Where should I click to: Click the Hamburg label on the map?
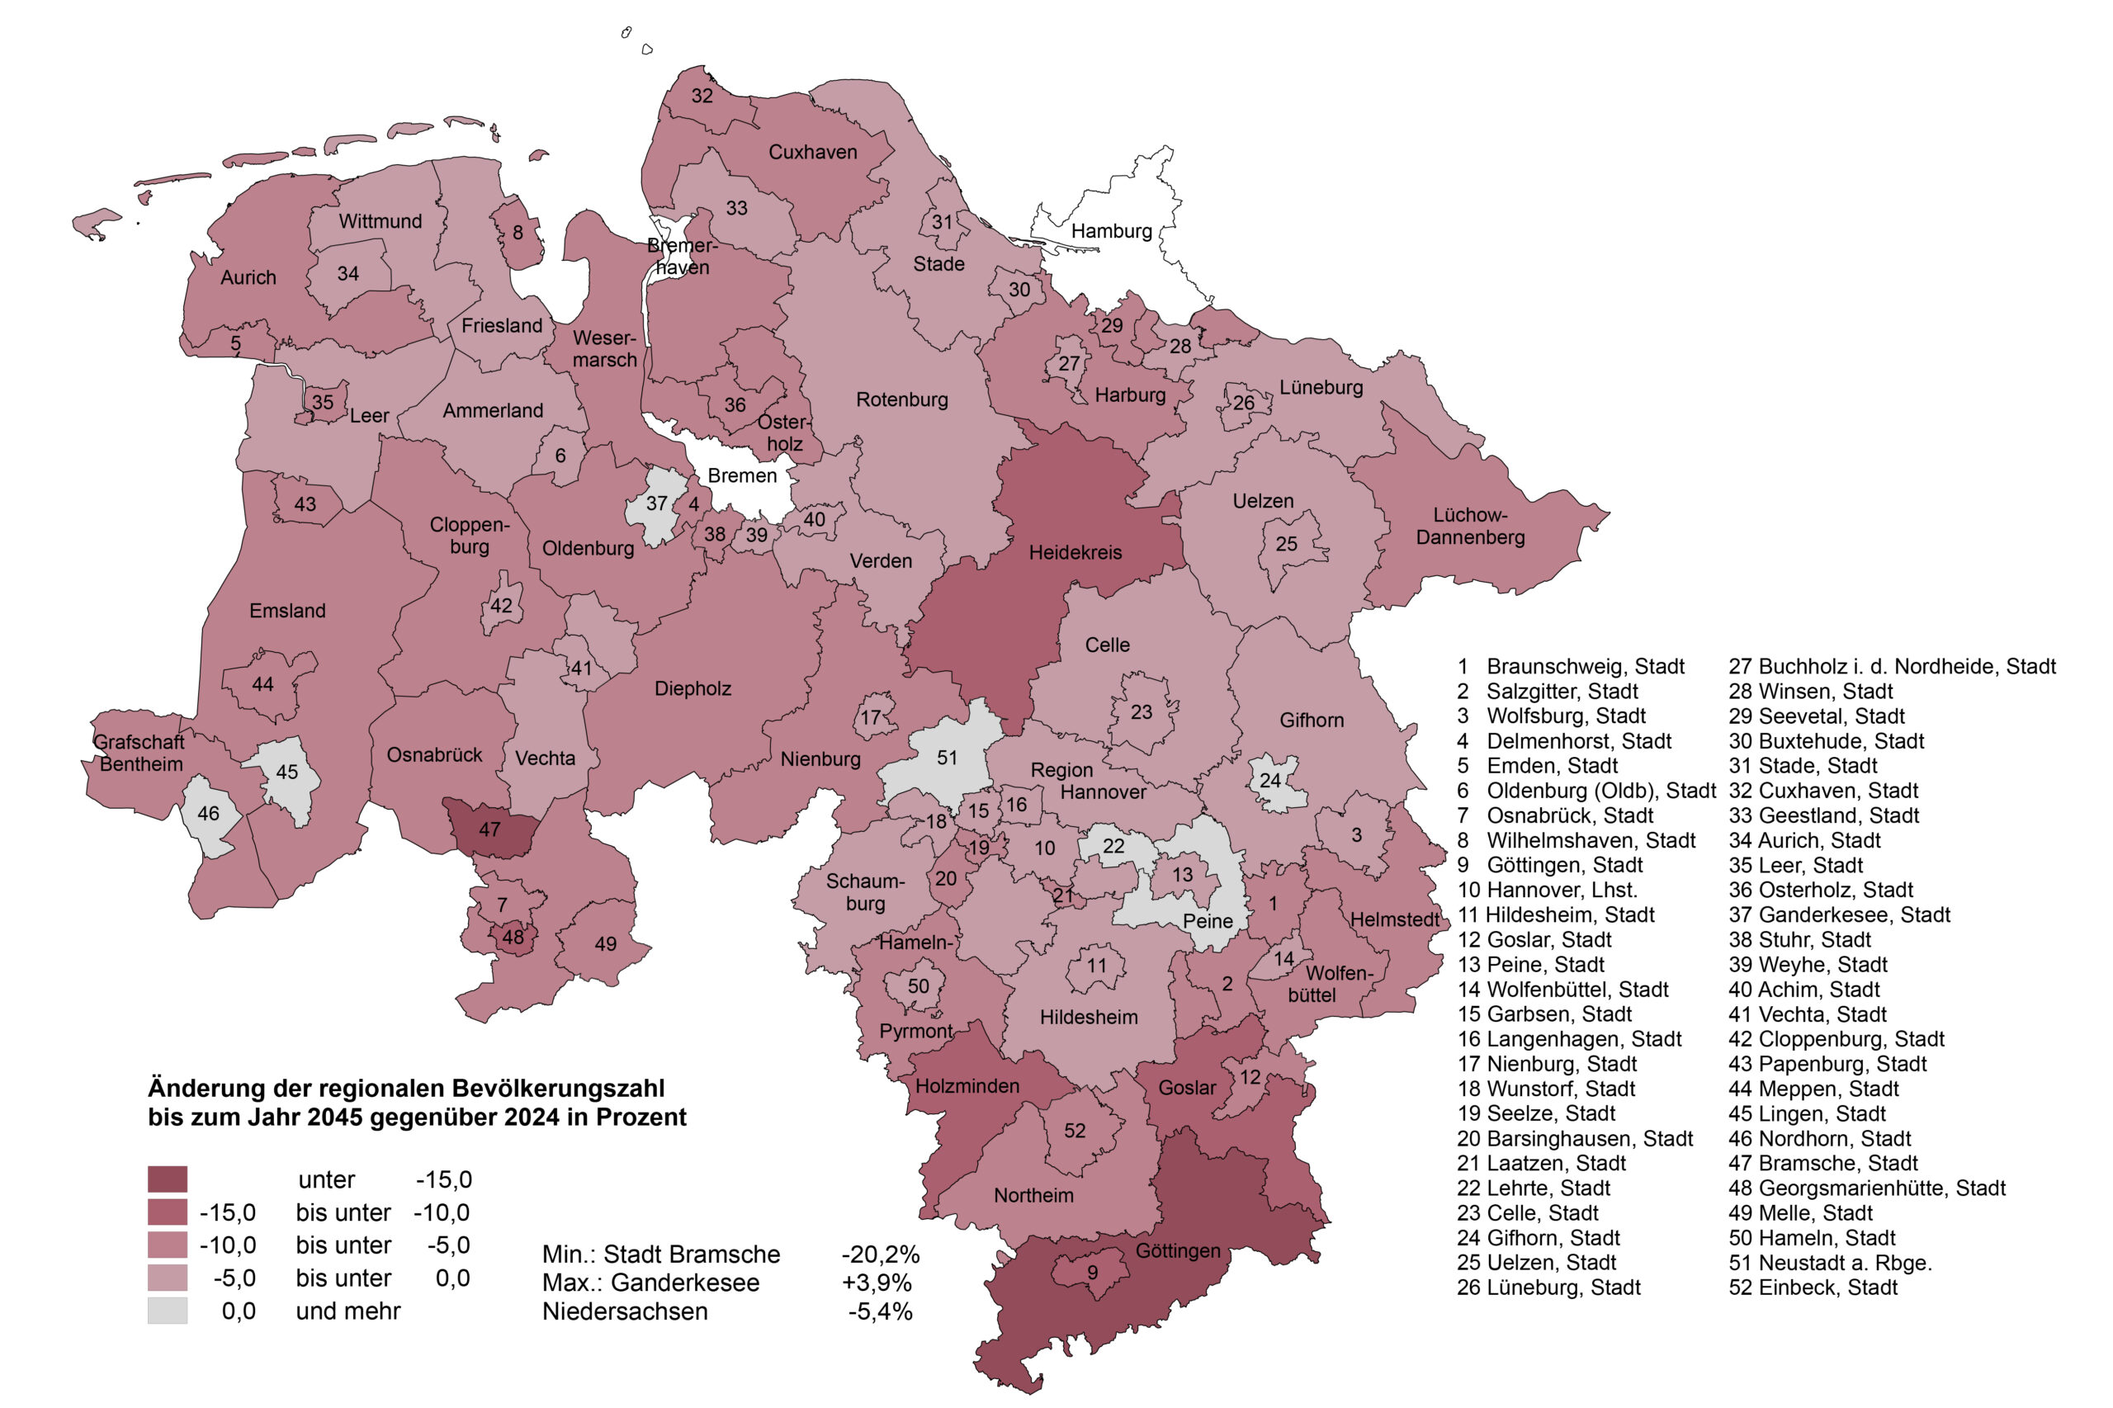(1110, 231)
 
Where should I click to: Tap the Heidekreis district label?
(1074, 552)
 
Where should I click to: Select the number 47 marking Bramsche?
(489, 829)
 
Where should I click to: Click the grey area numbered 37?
(656, 503)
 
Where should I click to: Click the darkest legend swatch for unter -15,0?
(167, 1179)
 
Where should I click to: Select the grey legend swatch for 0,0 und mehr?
(167, 1311)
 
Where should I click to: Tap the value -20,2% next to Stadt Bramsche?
(879, 1254)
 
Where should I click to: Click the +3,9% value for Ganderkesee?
(876, 1283)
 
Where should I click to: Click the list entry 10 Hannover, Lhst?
(1546, 890)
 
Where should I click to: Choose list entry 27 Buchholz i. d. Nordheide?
(1891, 666)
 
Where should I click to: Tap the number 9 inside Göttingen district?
(1092, 1272)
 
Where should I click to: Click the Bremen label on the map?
(742, 475)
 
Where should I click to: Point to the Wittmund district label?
(380, 221)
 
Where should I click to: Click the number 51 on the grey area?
(947, 758)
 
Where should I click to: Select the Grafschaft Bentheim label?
(139, 753)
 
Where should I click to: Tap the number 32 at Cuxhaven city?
(702, 96)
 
